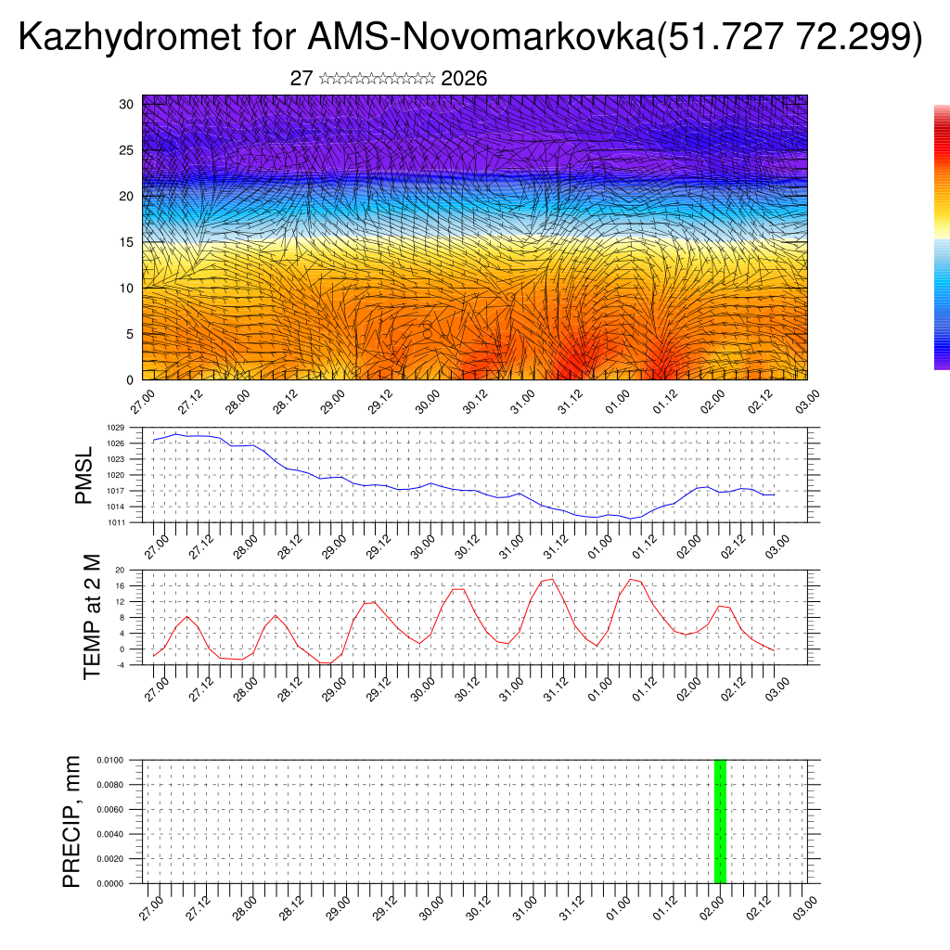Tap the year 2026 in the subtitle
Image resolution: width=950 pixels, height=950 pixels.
464,79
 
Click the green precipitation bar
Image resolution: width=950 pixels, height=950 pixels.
720,821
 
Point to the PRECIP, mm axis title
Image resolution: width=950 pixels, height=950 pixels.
71,821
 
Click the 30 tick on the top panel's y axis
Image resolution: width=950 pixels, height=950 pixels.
127,104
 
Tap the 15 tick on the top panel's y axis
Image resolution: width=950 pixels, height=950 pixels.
127,242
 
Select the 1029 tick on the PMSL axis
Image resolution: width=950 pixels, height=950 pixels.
115,428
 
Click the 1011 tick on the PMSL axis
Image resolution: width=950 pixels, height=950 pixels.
115,522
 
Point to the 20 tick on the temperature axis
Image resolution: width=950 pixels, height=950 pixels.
120,570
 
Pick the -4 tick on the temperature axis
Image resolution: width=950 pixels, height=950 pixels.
120,665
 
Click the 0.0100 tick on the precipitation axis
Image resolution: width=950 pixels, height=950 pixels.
108,760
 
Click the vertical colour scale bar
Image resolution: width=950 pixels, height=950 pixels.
942,237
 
